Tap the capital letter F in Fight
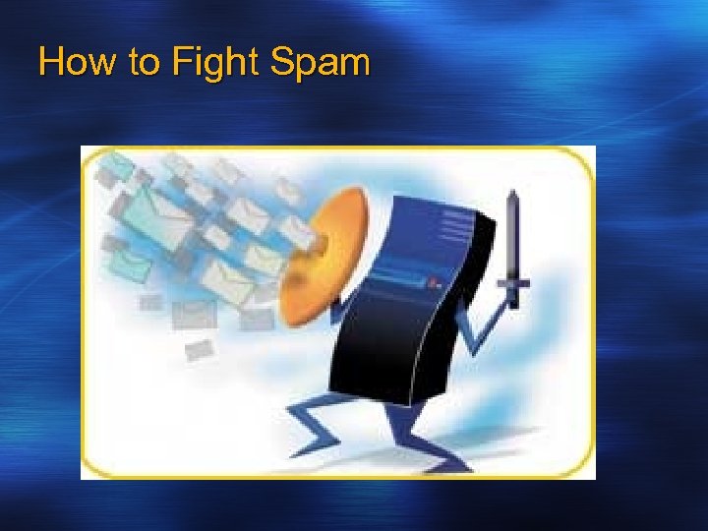pos(180,64)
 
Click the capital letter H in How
pos(50,64)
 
